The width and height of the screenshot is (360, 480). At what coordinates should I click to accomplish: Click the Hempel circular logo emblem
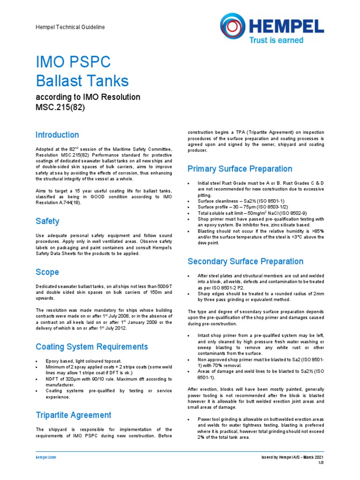(x=233, y=26)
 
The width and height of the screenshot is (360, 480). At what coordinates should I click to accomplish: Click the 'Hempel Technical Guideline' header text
(x=70, y=28)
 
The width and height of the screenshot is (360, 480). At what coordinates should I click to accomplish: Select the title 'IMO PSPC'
(x=74, y=62)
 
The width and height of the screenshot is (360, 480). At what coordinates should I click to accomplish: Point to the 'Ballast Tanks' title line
(x=82, y=81)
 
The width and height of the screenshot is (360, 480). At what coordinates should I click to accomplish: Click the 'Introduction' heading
(x=57, y=135)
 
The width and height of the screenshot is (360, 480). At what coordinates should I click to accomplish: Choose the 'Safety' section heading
(x=47, y=221)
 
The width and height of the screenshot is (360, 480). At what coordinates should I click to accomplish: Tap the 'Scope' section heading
(x=47, y=272)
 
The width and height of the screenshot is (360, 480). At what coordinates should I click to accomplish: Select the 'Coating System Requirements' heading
(x=92, y=347)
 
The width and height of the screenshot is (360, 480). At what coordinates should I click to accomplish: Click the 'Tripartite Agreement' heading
(x=74, y=415)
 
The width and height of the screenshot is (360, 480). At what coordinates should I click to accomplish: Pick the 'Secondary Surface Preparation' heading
(x=245, y=261)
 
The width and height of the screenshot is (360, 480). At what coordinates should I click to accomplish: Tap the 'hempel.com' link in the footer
(x=46, y=457)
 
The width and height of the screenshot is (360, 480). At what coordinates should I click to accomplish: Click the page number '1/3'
(x=321, y=463)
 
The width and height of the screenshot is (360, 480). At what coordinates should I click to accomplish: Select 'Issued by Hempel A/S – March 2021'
(x=292, y=457)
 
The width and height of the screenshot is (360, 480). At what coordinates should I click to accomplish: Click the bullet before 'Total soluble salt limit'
(x=188, y=213)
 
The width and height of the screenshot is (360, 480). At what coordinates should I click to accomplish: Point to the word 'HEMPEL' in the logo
(x=287, y=24)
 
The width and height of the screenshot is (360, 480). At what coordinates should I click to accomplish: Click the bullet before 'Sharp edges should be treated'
(x=188, y=293)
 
